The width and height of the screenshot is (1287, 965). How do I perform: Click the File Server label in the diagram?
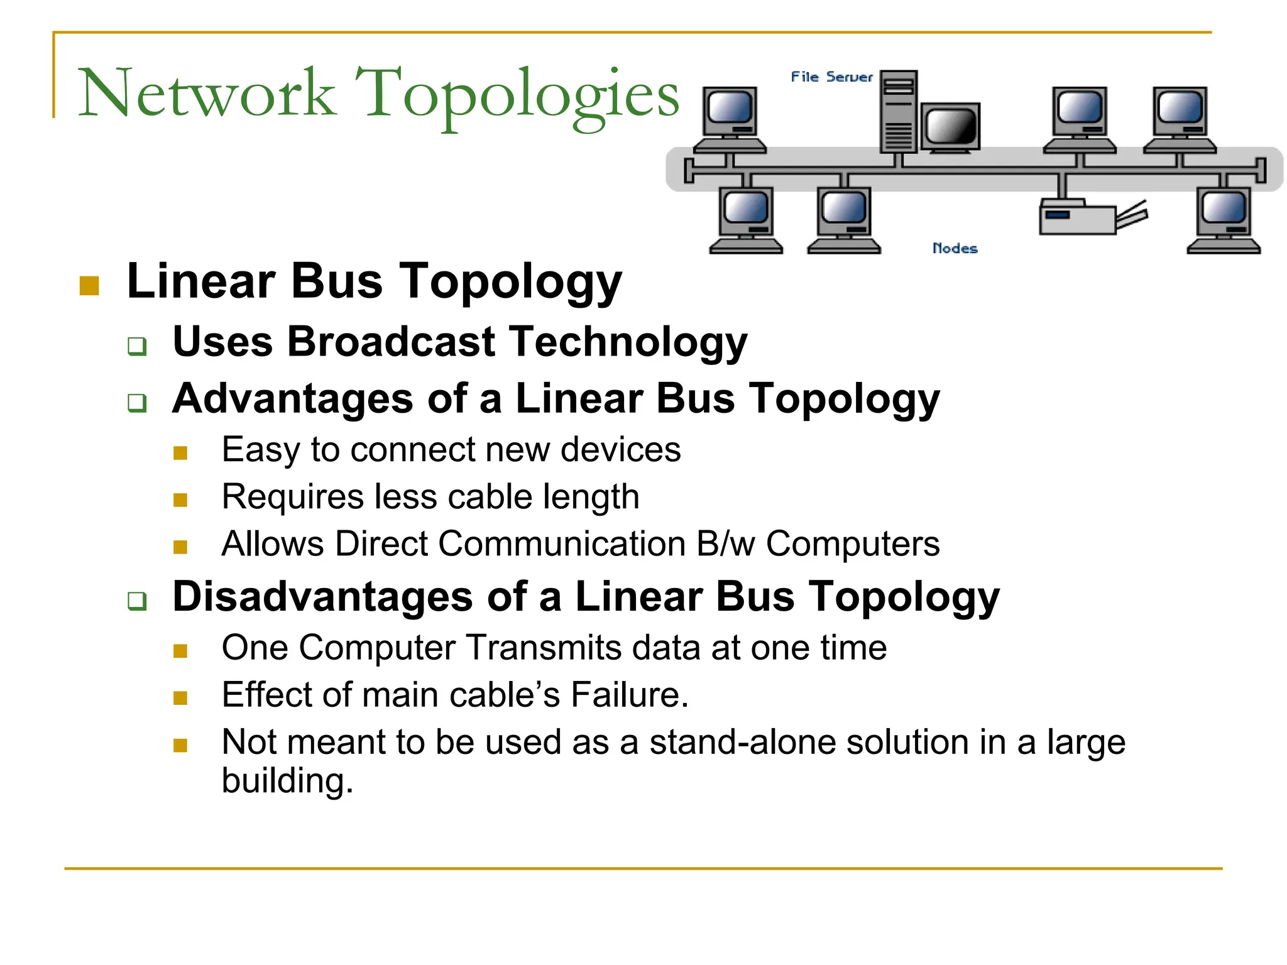click(831, 77)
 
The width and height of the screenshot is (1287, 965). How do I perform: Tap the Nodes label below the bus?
click(955, 248)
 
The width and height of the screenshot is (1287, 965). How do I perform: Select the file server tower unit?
click(899, 112)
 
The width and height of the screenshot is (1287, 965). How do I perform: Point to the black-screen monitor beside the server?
click(950, 128)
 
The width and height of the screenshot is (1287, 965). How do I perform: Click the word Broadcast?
click(392, 342)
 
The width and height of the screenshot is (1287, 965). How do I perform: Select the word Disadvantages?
click(322, 596)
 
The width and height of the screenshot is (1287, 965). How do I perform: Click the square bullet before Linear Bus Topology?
click(90, 286)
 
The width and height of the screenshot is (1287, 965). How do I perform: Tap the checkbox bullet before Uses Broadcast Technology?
click(137, 346)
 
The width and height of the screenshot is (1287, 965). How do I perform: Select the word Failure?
click(629, 695)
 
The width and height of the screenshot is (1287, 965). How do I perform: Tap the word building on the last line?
click(287, 781)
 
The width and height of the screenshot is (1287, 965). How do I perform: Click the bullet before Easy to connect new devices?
click(181, 453)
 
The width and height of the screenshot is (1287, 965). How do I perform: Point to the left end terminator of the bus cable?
click(689, 170)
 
